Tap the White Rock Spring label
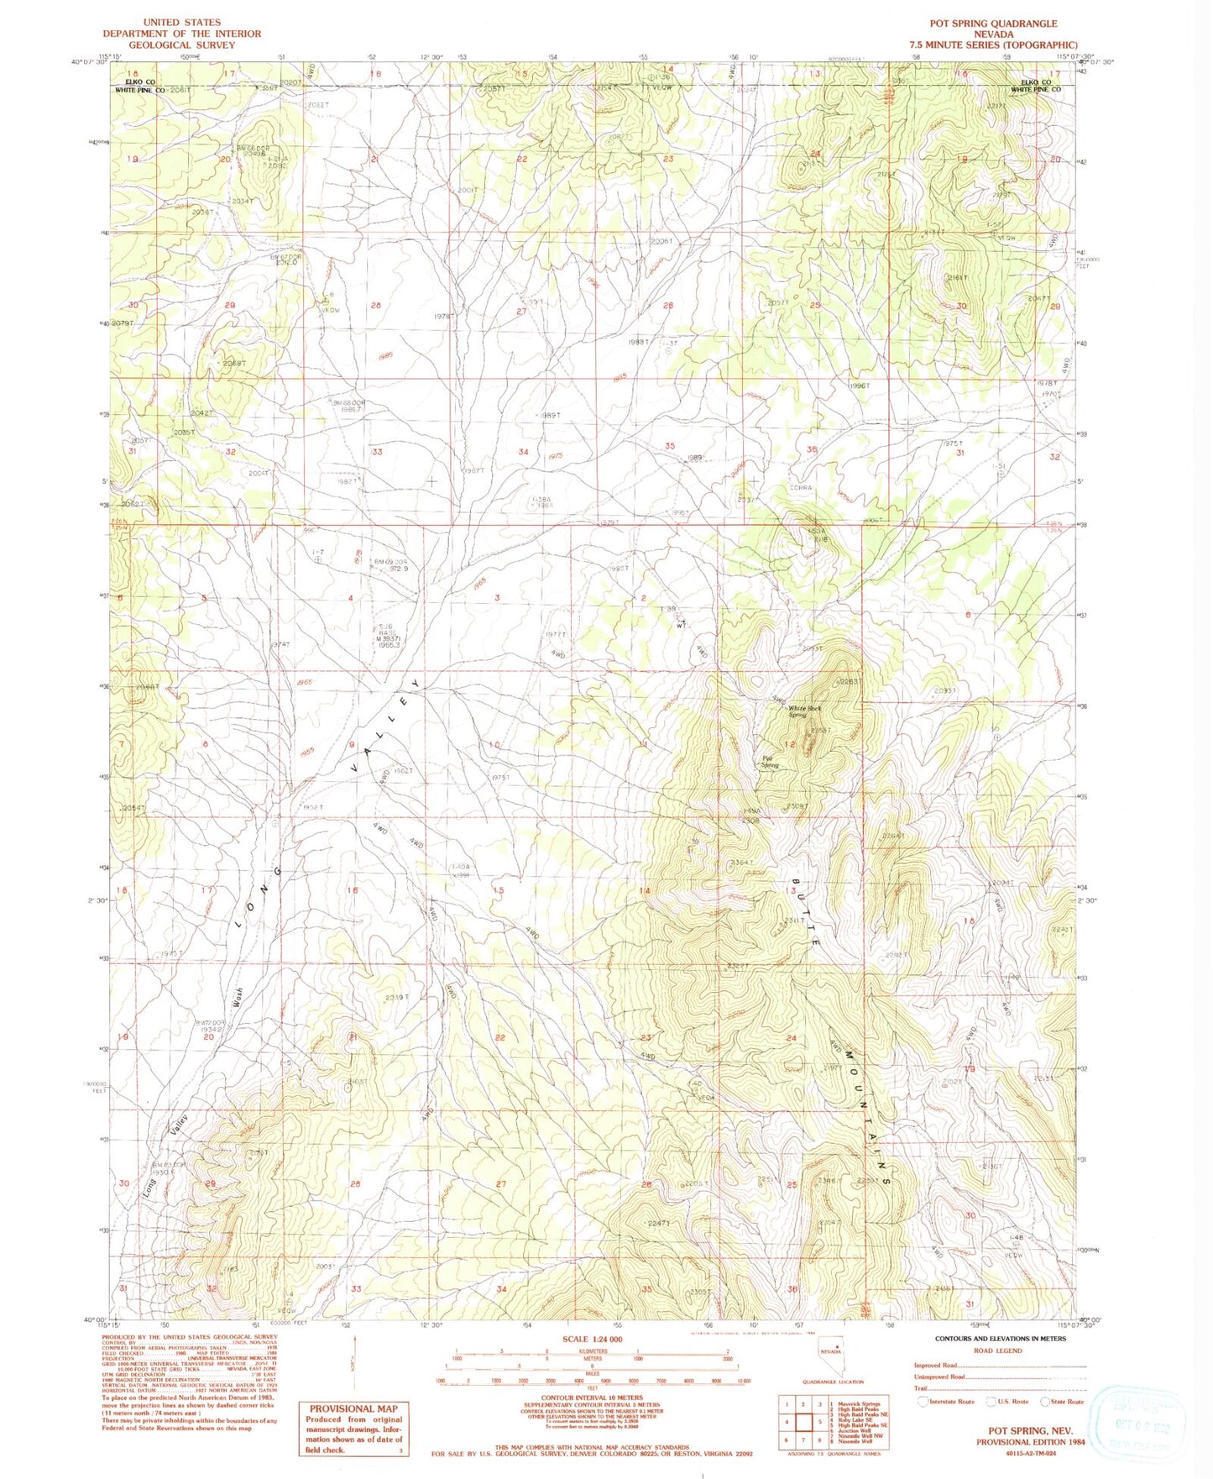(x=803, y=711)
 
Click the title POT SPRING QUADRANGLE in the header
(x=993, y=24)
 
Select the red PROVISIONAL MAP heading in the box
(x=353, y=1408)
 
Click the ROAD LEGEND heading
(x=997, y=1351)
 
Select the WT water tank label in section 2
(x=682, y=625)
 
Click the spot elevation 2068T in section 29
(x=234, y=363)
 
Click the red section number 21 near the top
(x=375, y=159)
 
